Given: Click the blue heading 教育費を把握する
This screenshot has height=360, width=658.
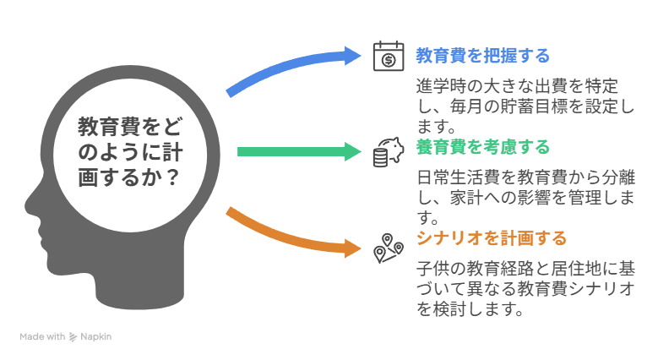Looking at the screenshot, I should pyautogui.click(x=482, y=57).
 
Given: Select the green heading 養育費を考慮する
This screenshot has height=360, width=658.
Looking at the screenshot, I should pyautogui.click(x=482, y=149).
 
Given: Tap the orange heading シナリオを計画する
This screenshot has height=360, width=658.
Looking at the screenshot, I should pyautogui.click(x=491, y=238).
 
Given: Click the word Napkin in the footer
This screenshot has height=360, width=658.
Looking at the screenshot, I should pyautogui.click(x=96, y=336).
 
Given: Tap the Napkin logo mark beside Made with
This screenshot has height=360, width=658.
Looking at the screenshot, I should pyautogui.click(x=73, y=336).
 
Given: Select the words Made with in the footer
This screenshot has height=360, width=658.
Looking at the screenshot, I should pyautogui.click(x=42, y=336).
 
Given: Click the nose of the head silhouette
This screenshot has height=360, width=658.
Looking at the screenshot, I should pyautogui.click(x=26, y=203).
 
